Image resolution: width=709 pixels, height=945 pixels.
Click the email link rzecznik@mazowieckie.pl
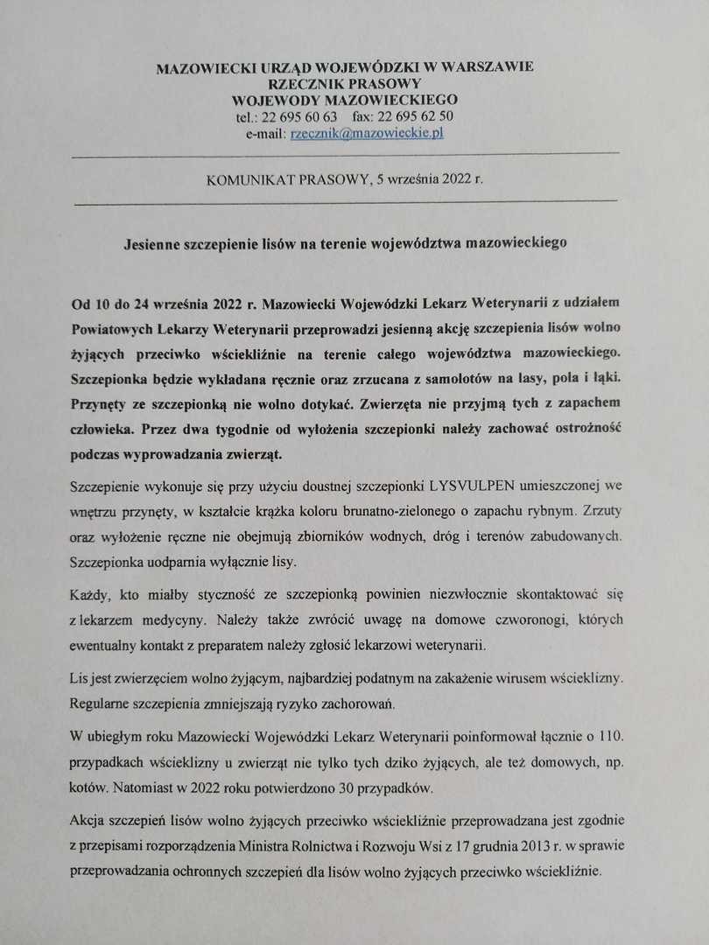pyautogui.click(x=367, y=133)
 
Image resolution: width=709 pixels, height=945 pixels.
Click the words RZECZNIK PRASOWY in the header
pyautogui.click(x=346, y=83)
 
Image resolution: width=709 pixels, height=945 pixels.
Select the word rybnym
pyautogui.click(x=560, y=509)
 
